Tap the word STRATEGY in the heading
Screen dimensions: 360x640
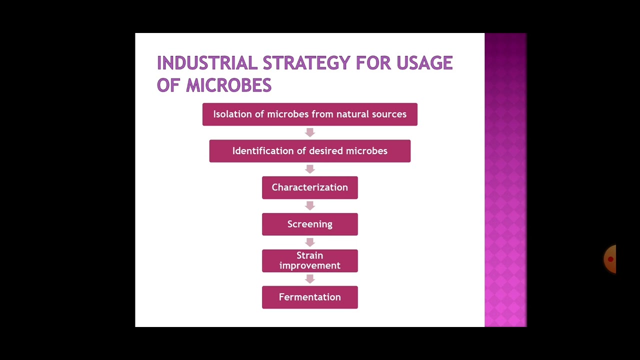(306, 63)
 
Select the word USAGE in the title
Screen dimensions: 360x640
(424, 63)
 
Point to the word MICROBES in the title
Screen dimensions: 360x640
(228, 85)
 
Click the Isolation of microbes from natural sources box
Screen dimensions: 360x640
(309, 114)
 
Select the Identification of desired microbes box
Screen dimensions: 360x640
(309, 151)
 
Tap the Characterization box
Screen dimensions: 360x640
(309, 187)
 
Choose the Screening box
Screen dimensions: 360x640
(309, 224)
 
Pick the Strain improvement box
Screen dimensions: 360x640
(309, 260)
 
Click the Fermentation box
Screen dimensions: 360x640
(309, 297)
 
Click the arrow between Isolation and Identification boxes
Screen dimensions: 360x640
(309, 132)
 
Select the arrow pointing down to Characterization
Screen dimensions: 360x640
(309, 169)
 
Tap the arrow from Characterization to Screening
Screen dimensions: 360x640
(309, 205)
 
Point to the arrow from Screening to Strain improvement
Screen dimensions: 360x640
(309, 242)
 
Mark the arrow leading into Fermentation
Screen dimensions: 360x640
(309, 278)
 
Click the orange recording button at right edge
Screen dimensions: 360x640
(610, 259)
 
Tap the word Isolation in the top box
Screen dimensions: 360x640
(231, 114)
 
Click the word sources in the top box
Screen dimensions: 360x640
(389, 114)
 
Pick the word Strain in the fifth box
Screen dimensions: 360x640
(309, 255)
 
